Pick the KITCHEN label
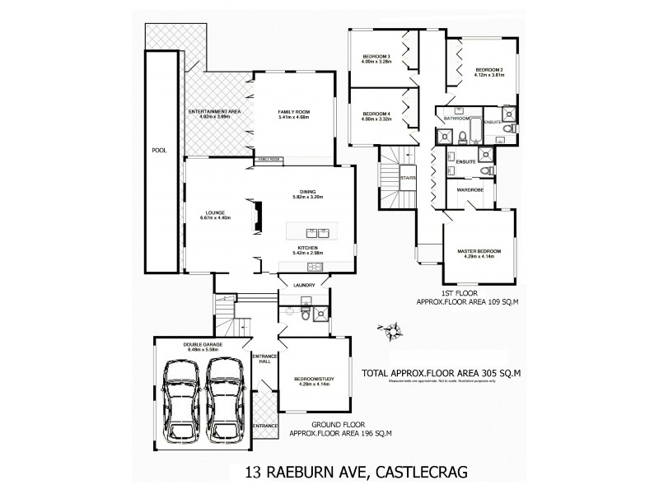(309, 247)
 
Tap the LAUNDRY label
(304, 286)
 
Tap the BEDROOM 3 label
(376, 58)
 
